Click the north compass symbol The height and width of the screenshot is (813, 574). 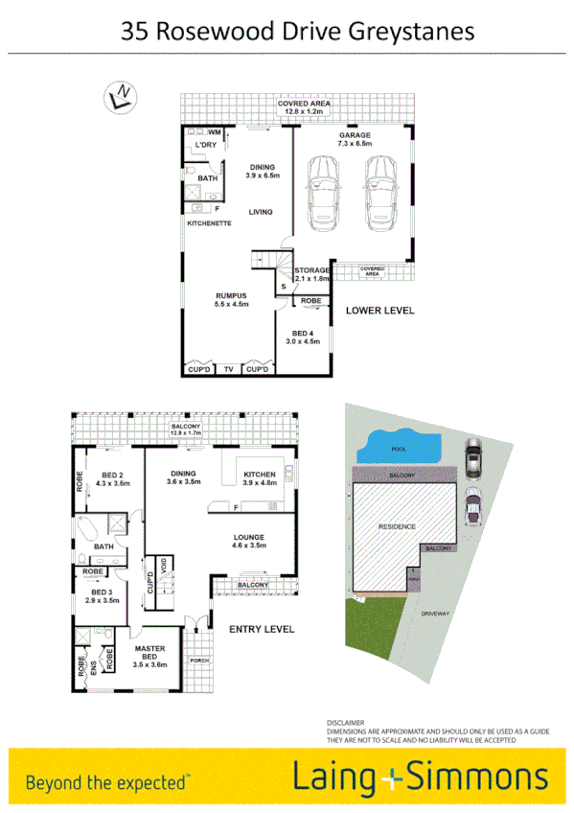point(121,95)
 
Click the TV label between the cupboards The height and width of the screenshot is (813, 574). point(228,369)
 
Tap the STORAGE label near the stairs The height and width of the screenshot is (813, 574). point(311,270)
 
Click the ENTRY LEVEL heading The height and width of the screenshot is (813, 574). point(263,629)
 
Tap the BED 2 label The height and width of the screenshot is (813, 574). point(113,476)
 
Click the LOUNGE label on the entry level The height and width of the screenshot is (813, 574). point(248,538)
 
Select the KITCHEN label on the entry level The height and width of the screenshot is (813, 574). point(260,474)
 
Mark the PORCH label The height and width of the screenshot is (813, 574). point(199,660)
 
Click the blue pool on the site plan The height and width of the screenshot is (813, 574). point(393,448)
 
